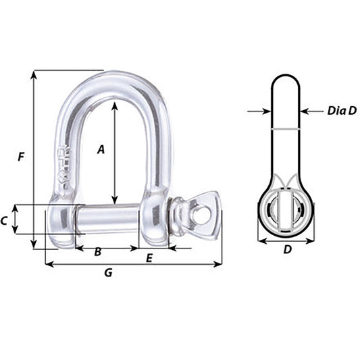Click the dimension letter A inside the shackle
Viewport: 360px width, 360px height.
coord(101,150)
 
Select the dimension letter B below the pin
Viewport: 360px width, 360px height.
coord(98,252)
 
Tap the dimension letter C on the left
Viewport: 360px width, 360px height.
coord(4,221)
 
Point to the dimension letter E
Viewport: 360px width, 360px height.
coord(149,257)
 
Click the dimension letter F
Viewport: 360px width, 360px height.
coord(22,157)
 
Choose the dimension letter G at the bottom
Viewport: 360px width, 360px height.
coord(108,273)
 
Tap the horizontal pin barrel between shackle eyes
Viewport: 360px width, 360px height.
coord(110,218)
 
